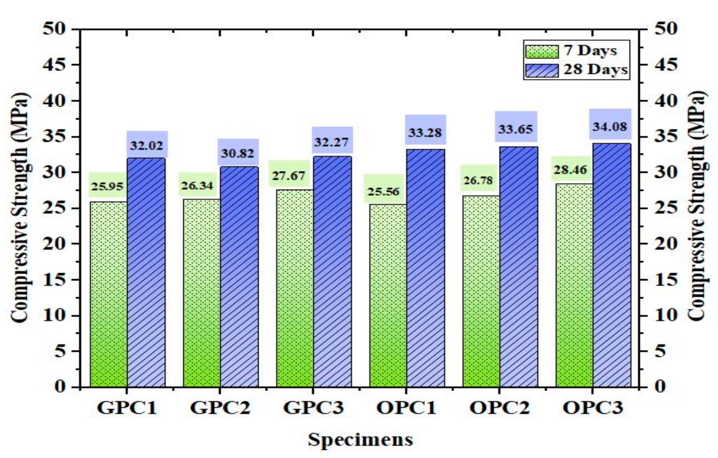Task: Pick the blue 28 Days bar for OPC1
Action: pos(426,268)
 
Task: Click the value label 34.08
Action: pos(609,127)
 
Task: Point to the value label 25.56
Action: pos(384,191)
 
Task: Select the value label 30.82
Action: pos(237,153)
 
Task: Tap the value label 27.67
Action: pos(289,176)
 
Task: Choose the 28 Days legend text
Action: pos(595,70)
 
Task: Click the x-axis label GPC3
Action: pos(313,408)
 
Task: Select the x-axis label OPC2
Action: pos(500,408)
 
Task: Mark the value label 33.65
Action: pos(515,129)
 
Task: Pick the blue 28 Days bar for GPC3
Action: pos(332,272)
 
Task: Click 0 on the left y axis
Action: pos(60,386)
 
